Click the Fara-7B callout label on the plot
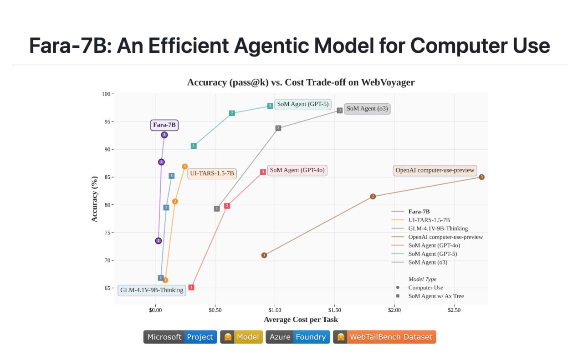tap(164, 125)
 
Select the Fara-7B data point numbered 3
tap(164, 135)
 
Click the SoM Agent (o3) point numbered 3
tap(340, 110)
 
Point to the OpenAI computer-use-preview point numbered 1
tap(264, 255)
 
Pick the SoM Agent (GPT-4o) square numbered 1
tap(191, 287)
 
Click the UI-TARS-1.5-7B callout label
tap(212, 173)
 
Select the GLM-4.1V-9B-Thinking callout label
tap(152, 290)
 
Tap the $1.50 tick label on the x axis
tap(335, 310)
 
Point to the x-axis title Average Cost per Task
tap(301, 319)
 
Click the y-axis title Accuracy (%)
tap(95, 199)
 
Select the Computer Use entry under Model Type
tap(425, 288)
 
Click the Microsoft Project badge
tap(180, 337)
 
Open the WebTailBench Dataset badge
tap(384, 337)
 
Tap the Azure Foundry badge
tap(297, 337)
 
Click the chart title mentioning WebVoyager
tap(301, 82)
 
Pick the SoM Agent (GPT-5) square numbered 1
tap(194, 146)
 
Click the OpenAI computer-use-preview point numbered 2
tap(373, 196)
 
